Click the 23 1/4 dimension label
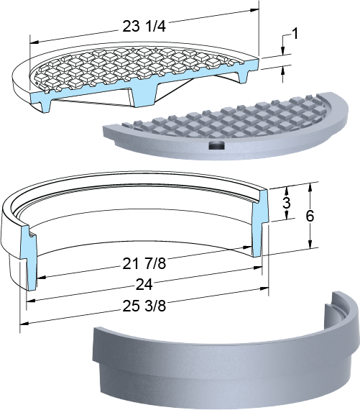(144, 26)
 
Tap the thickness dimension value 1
(295, 34)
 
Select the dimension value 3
(287, 203)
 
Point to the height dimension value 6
(310, 216)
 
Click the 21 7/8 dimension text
(144, 263)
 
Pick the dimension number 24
(144, 284)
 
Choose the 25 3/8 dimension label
(144, 306)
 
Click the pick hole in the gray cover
(217, 145)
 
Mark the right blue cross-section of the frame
(260, 222)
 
